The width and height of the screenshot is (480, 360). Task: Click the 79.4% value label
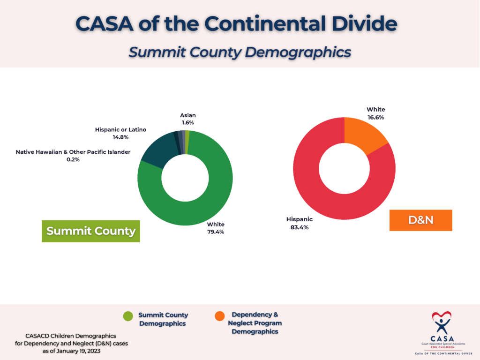point(216,232)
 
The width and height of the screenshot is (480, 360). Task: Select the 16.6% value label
point(375,118)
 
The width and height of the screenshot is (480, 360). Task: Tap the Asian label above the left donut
point(188,115)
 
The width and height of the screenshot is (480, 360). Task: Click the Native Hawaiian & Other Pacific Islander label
point(73,152)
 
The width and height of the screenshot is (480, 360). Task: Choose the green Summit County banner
point(91,231)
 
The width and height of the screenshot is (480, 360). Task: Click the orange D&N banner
point(420,220)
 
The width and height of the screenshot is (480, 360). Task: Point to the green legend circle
point(128,316)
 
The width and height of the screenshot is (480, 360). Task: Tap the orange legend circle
point(219,316)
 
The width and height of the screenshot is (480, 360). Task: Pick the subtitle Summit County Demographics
point(240,52)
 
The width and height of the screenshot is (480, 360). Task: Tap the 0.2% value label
point(73,159)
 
